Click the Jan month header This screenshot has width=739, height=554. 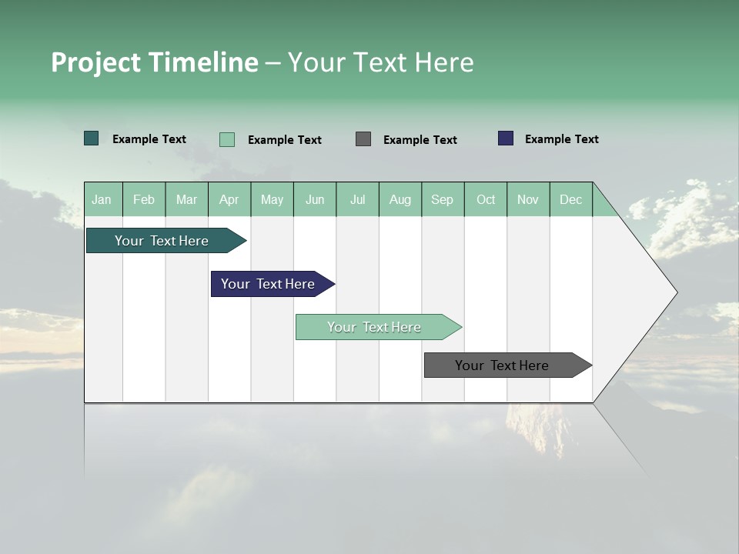coord(102,199)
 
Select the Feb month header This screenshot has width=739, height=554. coord(144,199)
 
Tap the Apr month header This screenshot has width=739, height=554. coord(229,199)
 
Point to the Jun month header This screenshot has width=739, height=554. coord(315,199)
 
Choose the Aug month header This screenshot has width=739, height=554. coord(400,199)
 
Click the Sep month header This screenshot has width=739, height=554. coord(442,199)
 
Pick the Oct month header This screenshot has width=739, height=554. coord(486,199)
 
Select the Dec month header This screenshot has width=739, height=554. coord(570,199)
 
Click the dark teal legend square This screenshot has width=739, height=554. coord(92,138)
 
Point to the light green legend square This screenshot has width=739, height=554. coord(227,139)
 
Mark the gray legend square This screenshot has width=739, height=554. coord(363,138)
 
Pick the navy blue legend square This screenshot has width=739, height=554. coord(506,138)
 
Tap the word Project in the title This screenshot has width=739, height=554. coord(96,62)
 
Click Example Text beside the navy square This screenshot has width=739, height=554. coord(561,139)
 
